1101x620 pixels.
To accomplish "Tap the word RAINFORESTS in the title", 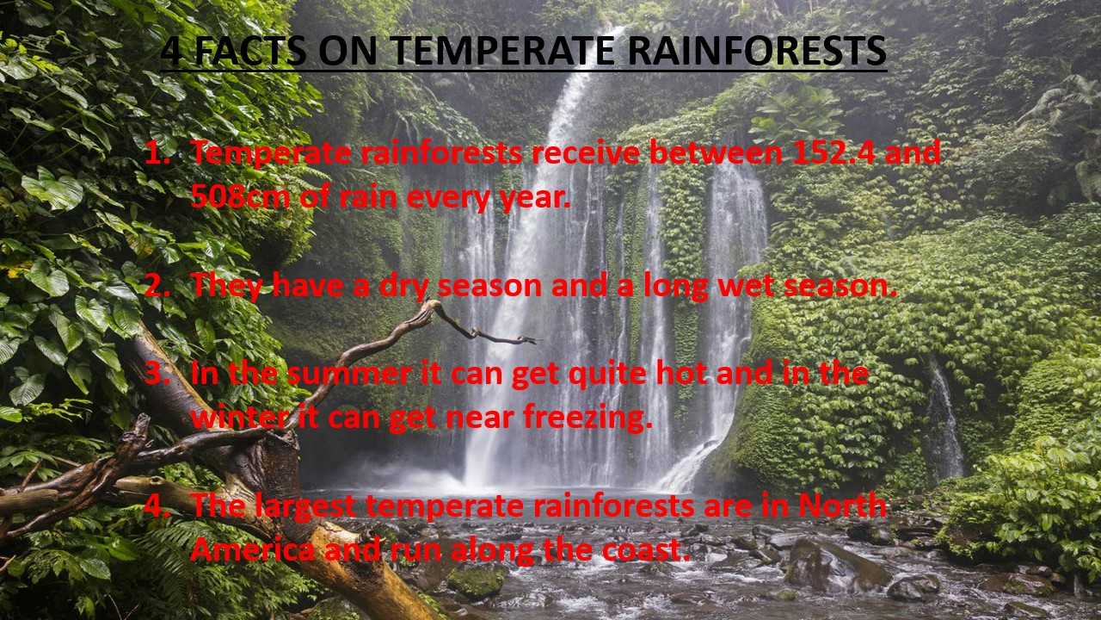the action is [x=757, y=50].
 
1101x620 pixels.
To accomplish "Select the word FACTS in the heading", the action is [x=250, y=50].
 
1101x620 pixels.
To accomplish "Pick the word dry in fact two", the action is [x=403, y=288].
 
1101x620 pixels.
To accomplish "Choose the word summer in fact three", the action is [x=349, y=375].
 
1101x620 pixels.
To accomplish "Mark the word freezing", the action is [x=587, y=418].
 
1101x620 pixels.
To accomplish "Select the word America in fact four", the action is [x=253, y=549].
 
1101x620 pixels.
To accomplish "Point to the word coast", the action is [x=644, y=550].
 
